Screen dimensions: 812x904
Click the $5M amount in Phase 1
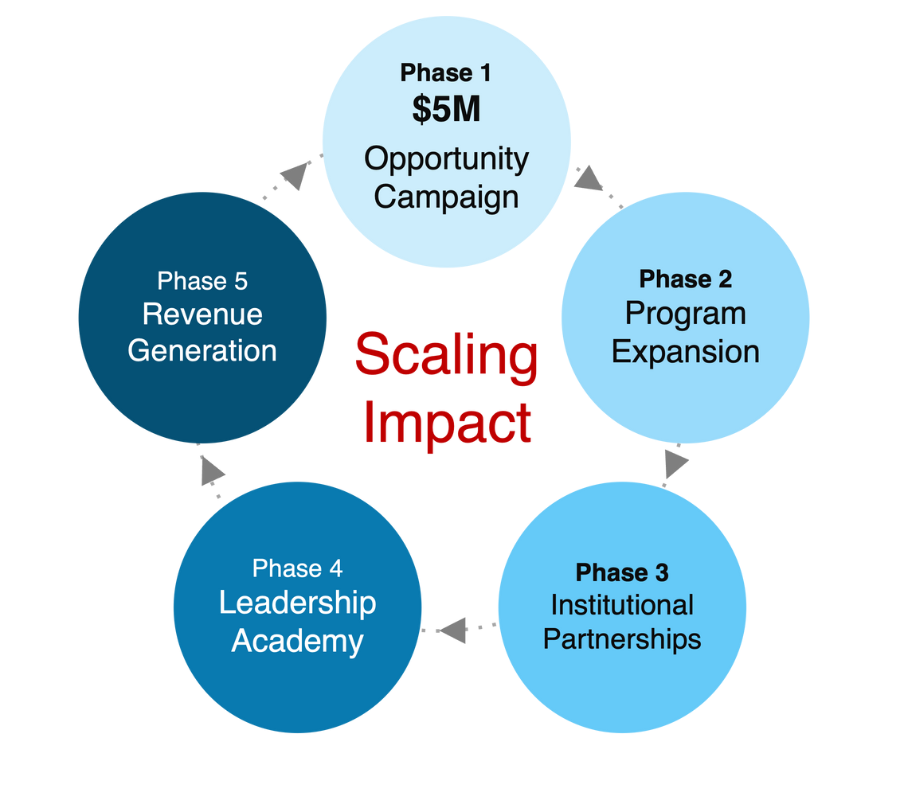pos(446,110)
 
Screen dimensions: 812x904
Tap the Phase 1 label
pos(446,73)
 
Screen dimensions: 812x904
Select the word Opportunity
pos(446,159)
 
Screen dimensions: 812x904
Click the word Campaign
pos(446,196)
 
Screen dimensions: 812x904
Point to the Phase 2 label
pos(685,279)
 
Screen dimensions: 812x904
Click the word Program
pos(685,314)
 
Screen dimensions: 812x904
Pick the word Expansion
pos(685,351)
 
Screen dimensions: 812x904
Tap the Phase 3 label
pos(622,572)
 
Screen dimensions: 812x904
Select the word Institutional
pos(622,605)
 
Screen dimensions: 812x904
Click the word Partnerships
pos(622,639)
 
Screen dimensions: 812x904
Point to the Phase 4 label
pos(297,568)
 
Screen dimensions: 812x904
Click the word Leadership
pos(297,603)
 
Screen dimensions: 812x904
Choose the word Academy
pos(297,640)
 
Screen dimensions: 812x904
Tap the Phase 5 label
pos(202,281)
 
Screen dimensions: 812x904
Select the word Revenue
pos(202,314)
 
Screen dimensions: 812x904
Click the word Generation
pos(202,350)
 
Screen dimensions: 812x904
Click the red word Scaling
pos(446,356)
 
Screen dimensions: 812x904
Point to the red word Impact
pos(446,423)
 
